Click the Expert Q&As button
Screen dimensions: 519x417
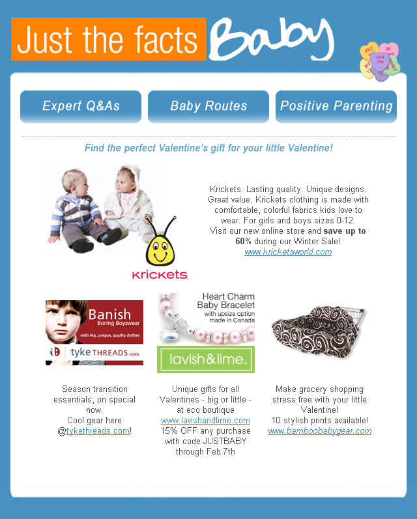point(81,106)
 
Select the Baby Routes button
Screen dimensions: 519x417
point(208,106)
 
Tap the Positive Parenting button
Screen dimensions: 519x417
point(336,106)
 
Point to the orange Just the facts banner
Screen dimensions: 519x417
point(108,39)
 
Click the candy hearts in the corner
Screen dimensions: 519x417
point(379,62)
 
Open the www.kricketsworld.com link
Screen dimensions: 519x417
point(288,252)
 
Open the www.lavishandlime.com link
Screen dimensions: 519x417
point(205,421)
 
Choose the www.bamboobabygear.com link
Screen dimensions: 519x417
point(319,431)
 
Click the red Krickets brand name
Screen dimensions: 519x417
point(160,275)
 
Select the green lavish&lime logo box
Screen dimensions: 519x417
point(206,359)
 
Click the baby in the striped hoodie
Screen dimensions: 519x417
point(78,208)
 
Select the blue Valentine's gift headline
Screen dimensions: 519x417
point(208,148)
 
